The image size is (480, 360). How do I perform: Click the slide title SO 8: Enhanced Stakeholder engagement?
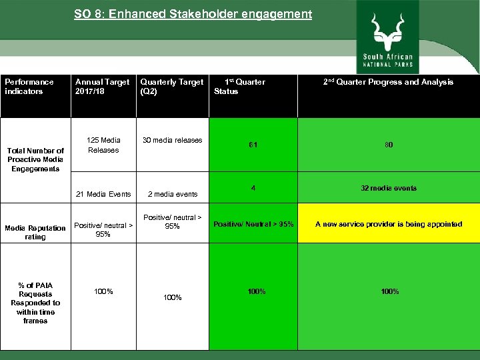(193, 14)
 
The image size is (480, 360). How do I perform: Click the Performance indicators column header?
(29, 87)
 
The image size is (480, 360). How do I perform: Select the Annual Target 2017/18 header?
(102, 87)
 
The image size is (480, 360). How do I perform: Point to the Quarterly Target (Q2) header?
(171, 87)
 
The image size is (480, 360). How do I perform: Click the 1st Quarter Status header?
(239, 87)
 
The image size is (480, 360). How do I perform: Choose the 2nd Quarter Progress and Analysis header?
(388, 82)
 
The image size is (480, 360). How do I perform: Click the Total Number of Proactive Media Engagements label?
(35, 160)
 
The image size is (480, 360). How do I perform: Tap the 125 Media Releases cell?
(103, 145)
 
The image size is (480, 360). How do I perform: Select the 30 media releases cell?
(173, 140)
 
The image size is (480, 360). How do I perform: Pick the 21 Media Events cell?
(103, 194)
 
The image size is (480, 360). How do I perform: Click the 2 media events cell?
(173, 194)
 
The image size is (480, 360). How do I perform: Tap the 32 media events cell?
(388, 188)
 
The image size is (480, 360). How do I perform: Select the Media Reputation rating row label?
(35, 233)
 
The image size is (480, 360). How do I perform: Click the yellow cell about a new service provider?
(388, 224)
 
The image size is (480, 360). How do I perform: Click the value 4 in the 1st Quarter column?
(253, 188)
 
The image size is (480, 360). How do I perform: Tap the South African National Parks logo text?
(387, 61)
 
